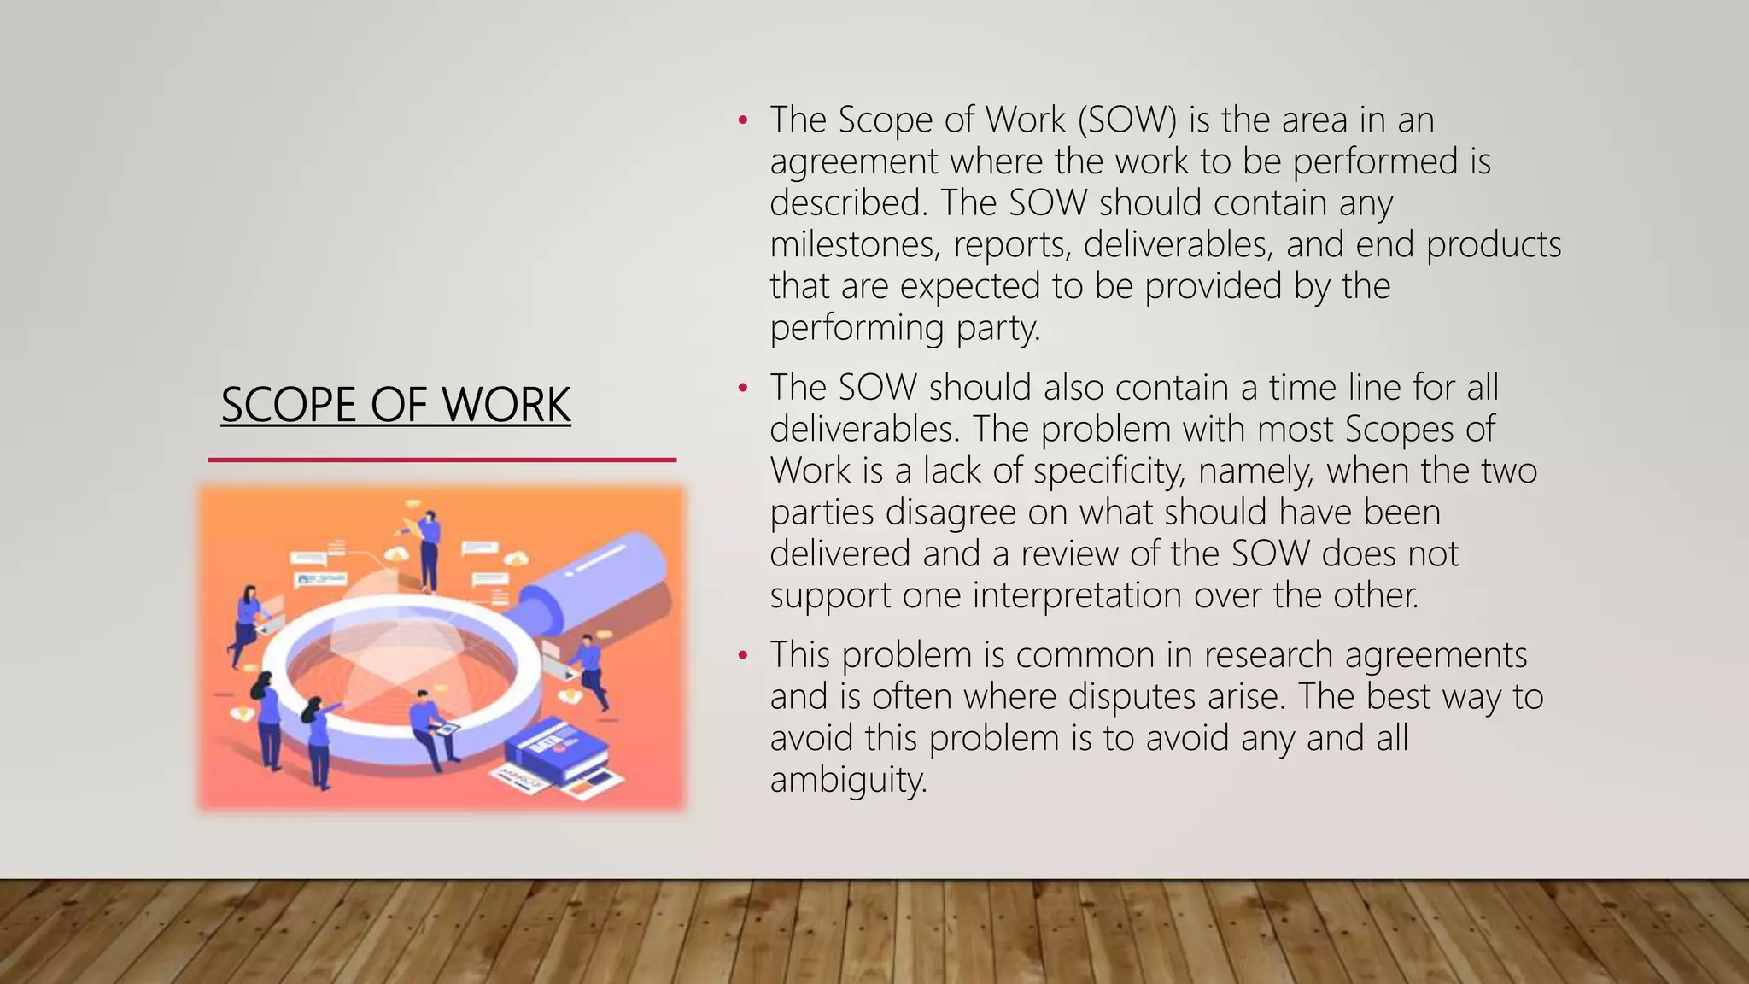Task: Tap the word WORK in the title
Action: [506, 404]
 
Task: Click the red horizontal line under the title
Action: [442, 460]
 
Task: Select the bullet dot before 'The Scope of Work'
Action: [743, 120]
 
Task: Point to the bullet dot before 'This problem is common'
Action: [743, 656]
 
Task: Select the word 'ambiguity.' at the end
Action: [848, 779]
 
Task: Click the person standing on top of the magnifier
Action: [429, 551]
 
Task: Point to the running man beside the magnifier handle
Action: [588, 671]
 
